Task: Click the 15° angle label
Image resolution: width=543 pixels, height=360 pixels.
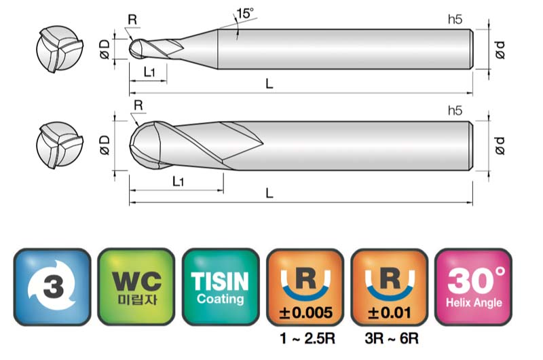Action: coord(245,13)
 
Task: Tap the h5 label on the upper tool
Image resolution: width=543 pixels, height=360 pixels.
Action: coord(455,20)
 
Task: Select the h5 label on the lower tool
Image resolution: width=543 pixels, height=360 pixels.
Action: coord(455,111)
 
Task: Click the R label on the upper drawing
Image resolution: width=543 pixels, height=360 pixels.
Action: coord(132,20)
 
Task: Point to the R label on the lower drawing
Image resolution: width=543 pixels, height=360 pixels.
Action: coord(138,105)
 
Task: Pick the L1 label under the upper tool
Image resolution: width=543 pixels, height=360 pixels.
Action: coord(149,72)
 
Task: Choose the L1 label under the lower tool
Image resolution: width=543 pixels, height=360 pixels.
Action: coord(178,181)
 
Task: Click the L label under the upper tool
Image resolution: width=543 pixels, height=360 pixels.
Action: coord(269,84)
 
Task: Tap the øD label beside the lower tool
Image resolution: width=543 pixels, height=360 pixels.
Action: coord(105,145)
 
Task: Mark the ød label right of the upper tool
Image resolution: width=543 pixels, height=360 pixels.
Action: coord(500,50)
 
